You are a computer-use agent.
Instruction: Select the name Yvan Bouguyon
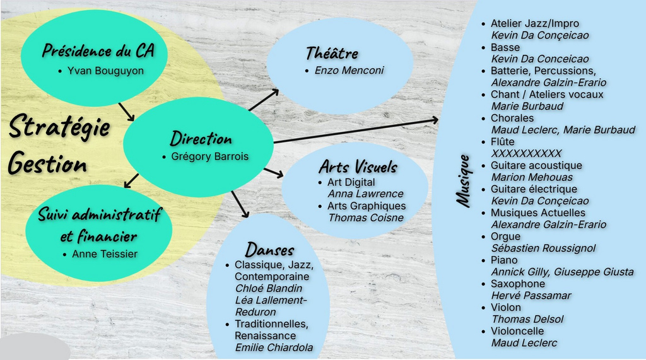click(105, 71)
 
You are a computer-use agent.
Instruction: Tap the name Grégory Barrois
click(209, 156)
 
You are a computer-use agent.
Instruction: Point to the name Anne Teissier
click(105, 254)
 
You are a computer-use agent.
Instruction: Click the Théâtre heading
click(331, 54)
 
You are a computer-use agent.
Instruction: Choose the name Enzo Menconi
click(349, 71)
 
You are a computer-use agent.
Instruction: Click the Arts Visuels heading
click(358, 167)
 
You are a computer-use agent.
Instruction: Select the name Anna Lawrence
click(365, 194)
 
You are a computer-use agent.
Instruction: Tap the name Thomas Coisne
click(366, 218)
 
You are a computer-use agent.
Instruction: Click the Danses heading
click(269, 249)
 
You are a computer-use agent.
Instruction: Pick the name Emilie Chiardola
click(274, 347)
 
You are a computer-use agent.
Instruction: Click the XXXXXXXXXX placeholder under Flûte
click(526, 153)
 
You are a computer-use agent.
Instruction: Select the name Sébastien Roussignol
click(543, 248)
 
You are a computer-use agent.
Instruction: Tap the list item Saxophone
click(517, 284)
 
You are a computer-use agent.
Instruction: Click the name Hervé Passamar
click(531, 296)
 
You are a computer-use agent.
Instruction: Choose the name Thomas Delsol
click(527, 319)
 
